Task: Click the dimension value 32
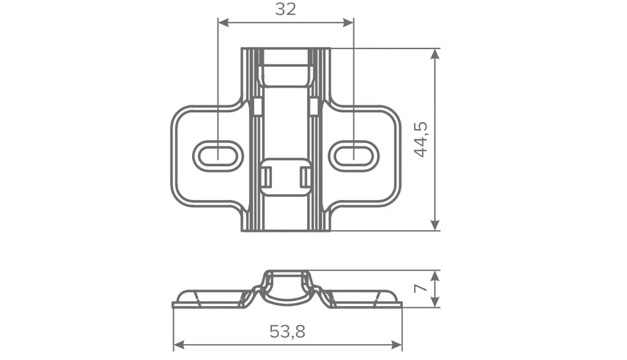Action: pyautogui.click(x=285, y=9)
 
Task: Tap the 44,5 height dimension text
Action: pyautogui.click(x=420, y=139)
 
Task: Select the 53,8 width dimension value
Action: pyautogui.click(x=287, y=332)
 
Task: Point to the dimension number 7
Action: pyautogui.click(x=420, y=288)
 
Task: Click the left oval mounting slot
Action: pyautogui.click(x=218, y=156)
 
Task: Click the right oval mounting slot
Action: pyautogui.click(x=354, y=156)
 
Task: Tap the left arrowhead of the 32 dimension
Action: pyautogui.click(x=223, y=22)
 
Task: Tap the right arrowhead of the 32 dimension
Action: pyautogui.click(x=349, y=22)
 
